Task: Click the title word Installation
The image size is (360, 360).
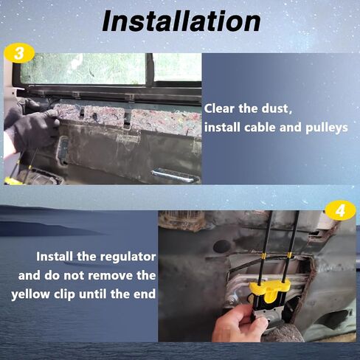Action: coord(181,21)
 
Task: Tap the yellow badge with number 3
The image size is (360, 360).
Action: coord(19,53)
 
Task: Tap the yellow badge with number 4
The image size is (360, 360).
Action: coord(340,210)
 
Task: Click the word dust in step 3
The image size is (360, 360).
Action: coord(277,108)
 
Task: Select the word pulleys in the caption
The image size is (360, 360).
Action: coord(327,128)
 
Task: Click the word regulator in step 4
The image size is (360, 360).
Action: coord(128,257)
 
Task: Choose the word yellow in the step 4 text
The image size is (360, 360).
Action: coord(30,294)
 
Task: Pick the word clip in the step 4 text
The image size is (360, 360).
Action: coord(64,294)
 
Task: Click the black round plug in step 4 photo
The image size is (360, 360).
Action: coord(221,246)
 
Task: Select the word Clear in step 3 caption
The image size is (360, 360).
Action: coord(219,108)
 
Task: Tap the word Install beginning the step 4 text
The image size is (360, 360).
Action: coord(55,257)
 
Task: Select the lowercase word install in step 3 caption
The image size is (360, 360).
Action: coord(222,128)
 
